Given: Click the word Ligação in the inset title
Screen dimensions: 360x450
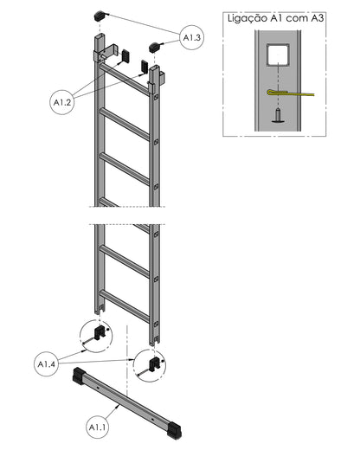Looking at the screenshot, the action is point(247,18).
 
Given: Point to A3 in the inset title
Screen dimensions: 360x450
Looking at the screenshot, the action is point(317,18).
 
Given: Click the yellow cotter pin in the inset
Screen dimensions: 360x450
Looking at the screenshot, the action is point(291,93).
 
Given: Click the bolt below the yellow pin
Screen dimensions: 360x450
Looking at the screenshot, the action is point(278,116).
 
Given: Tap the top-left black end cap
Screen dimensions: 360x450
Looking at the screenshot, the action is point(100,16).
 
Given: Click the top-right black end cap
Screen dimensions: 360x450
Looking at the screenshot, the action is point(155,47).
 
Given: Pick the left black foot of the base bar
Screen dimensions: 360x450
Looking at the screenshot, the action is point(79,376).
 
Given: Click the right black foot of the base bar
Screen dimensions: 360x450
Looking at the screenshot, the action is point(175,431).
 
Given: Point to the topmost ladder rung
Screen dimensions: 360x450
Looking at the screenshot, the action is point(125,79).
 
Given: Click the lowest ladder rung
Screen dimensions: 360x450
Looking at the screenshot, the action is point(125,306).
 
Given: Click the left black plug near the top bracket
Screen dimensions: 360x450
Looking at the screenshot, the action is point(125,55).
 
